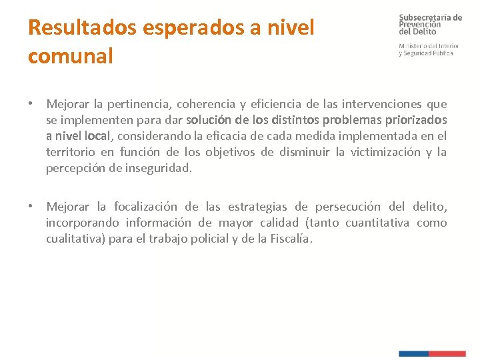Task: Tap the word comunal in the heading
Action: [71, 56]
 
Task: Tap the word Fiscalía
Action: [289, 239]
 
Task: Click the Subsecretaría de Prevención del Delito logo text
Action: [430, 24]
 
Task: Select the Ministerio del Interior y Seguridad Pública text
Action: [427, 49]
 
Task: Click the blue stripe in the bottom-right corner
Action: [413, 353]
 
